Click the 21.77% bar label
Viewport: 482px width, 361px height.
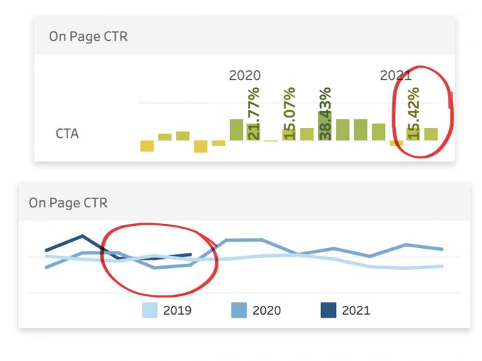coord(254,114)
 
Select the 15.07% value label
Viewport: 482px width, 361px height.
coord(290,114)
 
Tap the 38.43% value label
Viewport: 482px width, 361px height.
coord(326,114)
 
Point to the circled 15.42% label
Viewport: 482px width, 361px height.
coord(413,114)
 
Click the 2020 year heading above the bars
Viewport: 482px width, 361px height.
coord(244,75)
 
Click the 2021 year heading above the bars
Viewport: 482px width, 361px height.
coord(395,75)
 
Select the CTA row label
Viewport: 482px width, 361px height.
coord(67,134)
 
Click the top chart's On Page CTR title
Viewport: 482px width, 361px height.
coord(88,37)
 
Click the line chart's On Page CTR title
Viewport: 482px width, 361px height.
coord(68,203)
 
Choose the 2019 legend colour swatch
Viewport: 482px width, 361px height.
coord(150,310)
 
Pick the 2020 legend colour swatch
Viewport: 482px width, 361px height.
coord(240,310)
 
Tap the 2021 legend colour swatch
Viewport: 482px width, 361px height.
coord(329,310)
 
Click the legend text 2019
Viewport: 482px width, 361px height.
coord(178,311)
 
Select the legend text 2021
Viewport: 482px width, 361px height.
coord(356,311)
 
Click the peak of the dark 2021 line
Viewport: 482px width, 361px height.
coord(83,236)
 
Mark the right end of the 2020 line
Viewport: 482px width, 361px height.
coord(442,249)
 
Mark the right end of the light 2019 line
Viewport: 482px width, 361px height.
coord(442,266)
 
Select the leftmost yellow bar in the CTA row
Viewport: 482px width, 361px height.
coord(147,145)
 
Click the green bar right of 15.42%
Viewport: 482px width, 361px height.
coord(431,134)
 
